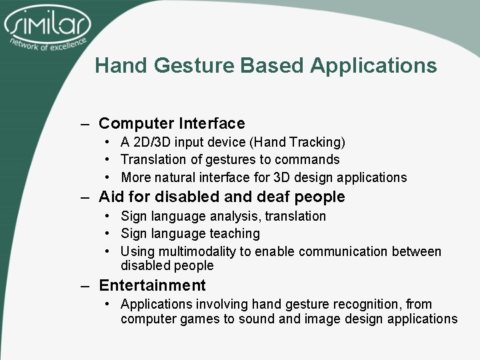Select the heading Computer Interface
[171, 123]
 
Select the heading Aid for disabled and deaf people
[221, 197]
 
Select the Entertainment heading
[152, 285]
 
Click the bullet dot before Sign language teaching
[107, 234]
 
